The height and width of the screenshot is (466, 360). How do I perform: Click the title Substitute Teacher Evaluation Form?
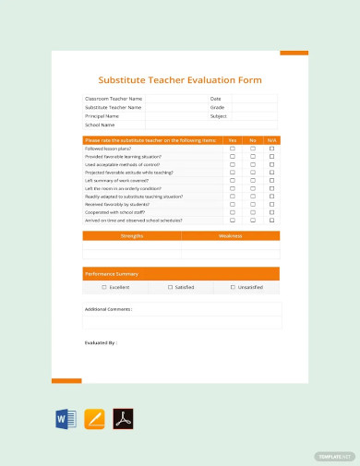[x=181, y=80]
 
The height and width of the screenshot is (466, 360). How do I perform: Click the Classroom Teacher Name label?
[x=114, y=98]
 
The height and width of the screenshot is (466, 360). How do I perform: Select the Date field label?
[x=216, y=98]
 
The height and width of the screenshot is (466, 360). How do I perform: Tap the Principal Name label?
[x=102, y=116]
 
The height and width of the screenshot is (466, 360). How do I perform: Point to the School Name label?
[x=100, y=125]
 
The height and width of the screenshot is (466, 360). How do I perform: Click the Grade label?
[x=218, y=107]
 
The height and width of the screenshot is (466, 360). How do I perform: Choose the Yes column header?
[x=233, y=140]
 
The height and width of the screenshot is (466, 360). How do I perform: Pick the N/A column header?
[x=271, y=140]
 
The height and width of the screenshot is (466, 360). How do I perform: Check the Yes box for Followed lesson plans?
[x=233, y=149]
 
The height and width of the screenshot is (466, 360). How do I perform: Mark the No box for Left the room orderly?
[x=252, y=188]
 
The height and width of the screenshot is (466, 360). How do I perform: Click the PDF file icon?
[x=123, y=419]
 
